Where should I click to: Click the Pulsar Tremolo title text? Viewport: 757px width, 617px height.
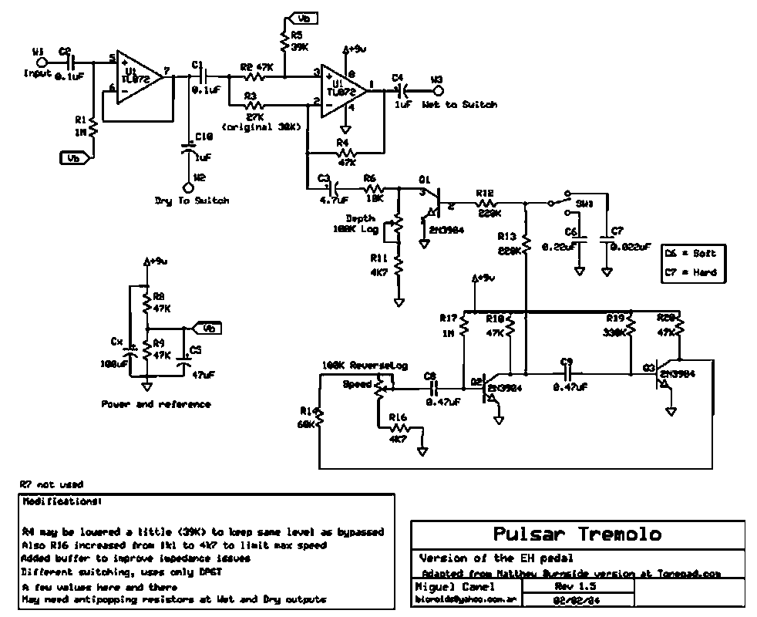577,534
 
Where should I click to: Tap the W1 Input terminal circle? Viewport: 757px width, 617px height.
43,62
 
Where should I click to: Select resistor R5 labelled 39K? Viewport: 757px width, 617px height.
286,43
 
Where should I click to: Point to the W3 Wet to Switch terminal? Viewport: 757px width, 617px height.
437,90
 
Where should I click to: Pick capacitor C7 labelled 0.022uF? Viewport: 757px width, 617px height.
607,244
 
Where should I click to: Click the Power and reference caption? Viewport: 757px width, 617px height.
156,403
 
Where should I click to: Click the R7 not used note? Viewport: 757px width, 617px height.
51,484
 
